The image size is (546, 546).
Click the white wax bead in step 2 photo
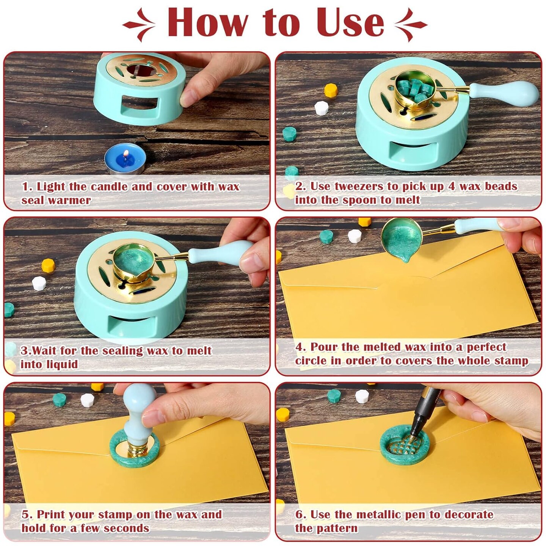(321, 108)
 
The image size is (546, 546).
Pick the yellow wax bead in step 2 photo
(331, 91)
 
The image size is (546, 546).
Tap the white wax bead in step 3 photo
(39, 283)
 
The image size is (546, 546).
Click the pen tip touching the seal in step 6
(412, 435)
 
